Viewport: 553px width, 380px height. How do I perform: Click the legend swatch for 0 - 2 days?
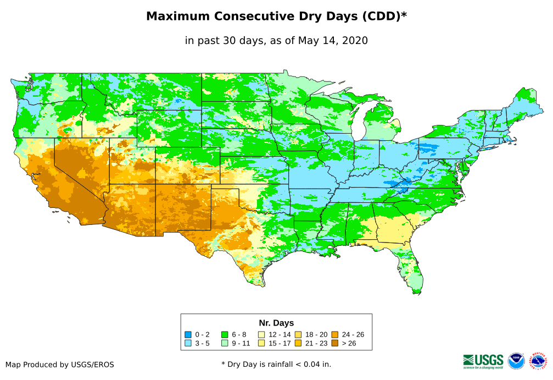[x=188, y=334]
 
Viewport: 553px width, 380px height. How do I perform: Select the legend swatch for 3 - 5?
[x=188, y=343]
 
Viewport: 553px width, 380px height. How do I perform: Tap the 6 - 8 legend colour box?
[x=225, y=334]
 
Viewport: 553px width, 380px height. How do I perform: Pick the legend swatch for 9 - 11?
[x=225, y=343]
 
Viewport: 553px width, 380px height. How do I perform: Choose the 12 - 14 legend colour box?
[x=261, y=334]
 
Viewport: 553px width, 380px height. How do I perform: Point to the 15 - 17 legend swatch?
[x=261, y=343]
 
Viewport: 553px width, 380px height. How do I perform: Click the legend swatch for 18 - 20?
[x=298, y=334]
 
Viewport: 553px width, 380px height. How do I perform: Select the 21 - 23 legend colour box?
[x=298, y=343]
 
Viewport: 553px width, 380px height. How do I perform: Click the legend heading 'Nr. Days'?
[x=276, y=323]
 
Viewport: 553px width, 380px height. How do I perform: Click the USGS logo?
[x=483, y=361]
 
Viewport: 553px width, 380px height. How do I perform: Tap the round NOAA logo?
[x=516, y=361]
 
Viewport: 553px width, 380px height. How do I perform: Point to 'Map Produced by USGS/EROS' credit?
[x=60, y=365]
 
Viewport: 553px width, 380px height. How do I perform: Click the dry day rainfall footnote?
[x=276, y=364]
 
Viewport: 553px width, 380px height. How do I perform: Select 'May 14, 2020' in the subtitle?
[x=333, y=41]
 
